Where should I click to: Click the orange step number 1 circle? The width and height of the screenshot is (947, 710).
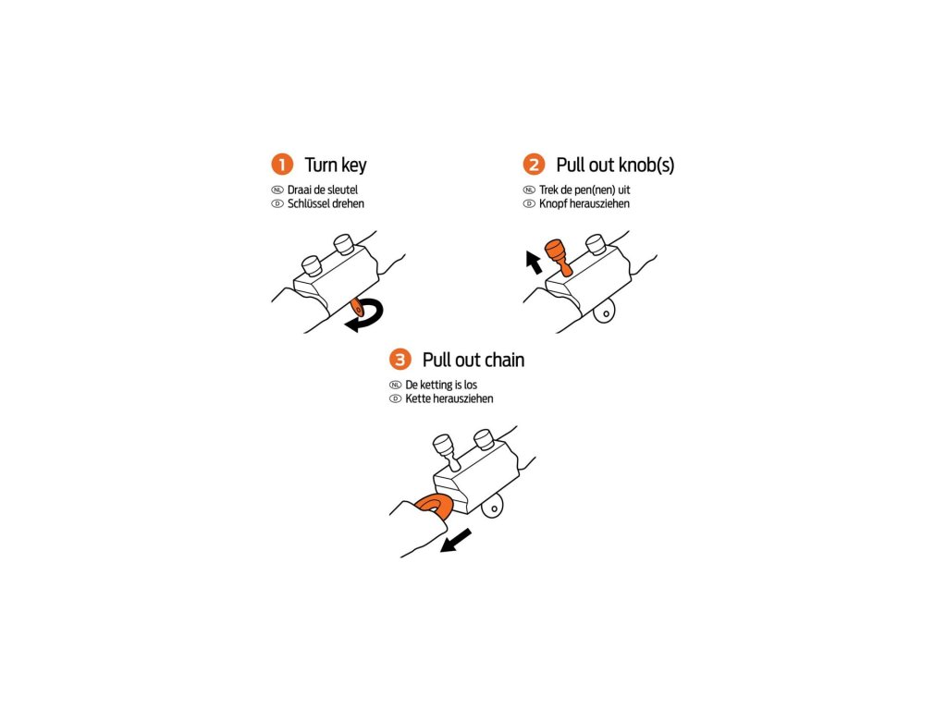coord(281,165)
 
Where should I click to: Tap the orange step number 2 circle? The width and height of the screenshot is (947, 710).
coord(534,165)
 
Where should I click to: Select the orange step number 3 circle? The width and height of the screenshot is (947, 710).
coord(400,360)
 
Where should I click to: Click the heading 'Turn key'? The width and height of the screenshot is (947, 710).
coord(336,165)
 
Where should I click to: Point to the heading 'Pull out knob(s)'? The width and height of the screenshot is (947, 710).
coord(615,165)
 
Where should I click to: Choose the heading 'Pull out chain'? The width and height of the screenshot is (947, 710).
coord(473,360)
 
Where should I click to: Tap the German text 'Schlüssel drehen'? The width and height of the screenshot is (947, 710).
coord(326,203)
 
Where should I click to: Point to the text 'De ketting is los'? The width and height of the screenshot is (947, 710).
coord(441,385)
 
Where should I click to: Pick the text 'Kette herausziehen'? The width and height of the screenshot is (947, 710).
coord(449,398)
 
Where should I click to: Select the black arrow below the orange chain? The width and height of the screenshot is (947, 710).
coord(456,539)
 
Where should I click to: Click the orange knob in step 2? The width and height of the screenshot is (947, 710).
coord(557,255)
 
